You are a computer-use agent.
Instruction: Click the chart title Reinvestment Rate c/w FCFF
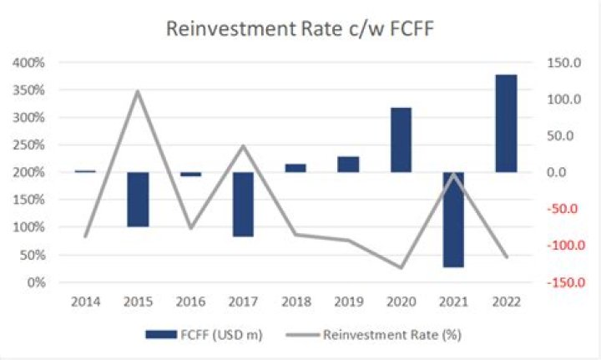300,28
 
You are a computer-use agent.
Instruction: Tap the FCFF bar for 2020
401,139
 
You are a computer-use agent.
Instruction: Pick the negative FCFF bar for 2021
453,219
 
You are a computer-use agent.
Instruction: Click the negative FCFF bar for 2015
138,199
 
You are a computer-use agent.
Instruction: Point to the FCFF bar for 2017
243,204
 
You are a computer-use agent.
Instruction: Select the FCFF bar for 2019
348,164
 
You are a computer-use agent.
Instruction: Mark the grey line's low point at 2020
401,268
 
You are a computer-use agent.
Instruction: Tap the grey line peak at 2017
243,145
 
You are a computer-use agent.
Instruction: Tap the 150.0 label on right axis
560,63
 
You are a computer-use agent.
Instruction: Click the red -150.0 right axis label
558,282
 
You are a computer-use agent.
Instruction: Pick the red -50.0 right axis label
560,209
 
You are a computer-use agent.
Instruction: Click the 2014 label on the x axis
85,299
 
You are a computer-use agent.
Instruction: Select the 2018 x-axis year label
295,299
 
